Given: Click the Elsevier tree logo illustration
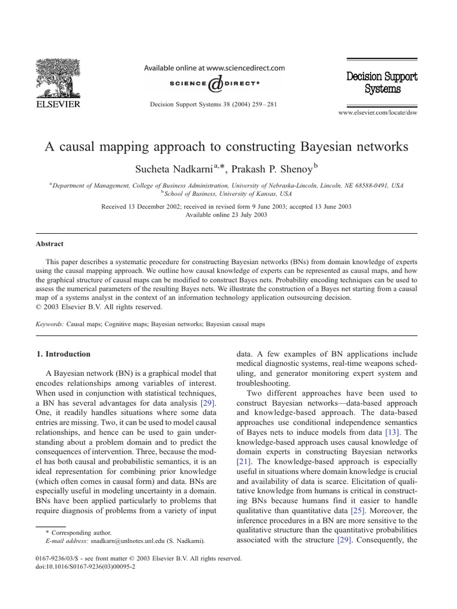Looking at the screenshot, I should pyautogui.click(x=60, y=74).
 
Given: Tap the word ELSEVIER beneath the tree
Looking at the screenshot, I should pyautogui.click(x=60, y=103).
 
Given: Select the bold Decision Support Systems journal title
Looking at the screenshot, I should pyautogui.click(x=381, y=83).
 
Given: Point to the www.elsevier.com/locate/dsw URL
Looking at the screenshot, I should pyautogui.click(x=378, y=112).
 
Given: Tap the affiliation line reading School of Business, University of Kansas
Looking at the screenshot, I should pyautogui.click(x=228, y=194).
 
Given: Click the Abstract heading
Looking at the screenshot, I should pyautogui.click(x=50, y=244).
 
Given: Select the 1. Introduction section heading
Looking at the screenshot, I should pyautogui.click(x=64, y=354).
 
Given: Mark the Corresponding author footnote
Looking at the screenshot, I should pyautogui.click(x=82, y=533).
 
